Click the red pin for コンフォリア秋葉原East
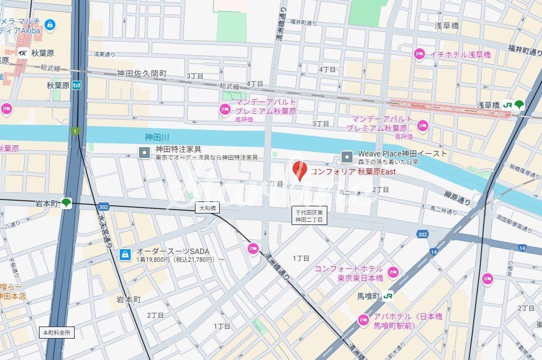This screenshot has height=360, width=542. click(x=299, y=171)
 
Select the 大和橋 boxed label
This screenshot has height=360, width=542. click(x=207, y=208)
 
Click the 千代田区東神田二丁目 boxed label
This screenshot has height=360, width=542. click(x=309, y=216)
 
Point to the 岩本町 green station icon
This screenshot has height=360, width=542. click(x=66, y=203)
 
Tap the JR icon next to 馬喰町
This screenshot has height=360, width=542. click(x=389, y=296)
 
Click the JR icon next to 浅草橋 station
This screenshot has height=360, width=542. click(x=508, y=104)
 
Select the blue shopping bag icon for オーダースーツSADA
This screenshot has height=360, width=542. click(x=125, y=255)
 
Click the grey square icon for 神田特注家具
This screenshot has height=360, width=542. click(x=144, y=153)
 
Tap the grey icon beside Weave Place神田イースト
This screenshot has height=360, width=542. click(x=347, y=157)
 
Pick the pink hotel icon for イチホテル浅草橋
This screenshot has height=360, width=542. click(x=420, y=54)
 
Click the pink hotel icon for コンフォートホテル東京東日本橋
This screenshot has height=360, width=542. click(x=393, y=272)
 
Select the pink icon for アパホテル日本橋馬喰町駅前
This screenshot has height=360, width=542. click(x=363, y=320)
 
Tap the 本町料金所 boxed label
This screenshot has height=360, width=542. click(x=57, y=333)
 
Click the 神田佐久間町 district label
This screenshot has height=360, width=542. click(x=142, y=73)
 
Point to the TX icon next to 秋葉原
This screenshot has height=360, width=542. click(x=23, y=53)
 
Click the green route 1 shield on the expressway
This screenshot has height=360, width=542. click(x=75, y=131)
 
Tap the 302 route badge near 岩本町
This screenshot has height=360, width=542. click(x=103, y=207)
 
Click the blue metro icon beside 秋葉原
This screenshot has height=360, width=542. click(x=77, y=85)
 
